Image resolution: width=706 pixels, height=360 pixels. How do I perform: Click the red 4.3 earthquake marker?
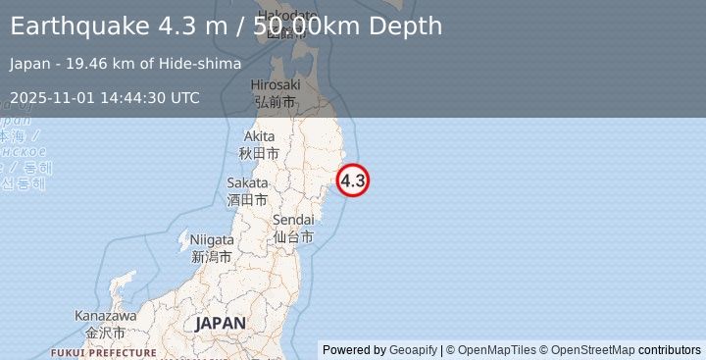pos(353,180)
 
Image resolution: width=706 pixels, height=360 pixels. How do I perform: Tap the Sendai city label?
pos(293,228)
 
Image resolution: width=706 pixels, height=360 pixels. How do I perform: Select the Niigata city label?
pos(212,247)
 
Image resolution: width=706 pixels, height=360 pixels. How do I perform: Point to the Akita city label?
pos(260,144)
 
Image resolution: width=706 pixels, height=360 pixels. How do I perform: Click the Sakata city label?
pos(247,190)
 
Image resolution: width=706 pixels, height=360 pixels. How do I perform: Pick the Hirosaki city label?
pos(275,93)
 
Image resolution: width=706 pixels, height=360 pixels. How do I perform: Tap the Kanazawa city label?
pos(105,325)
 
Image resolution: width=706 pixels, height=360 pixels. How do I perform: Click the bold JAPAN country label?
pos(221,323)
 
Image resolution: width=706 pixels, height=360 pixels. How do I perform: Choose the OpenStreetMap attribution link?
pos(592,350)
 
